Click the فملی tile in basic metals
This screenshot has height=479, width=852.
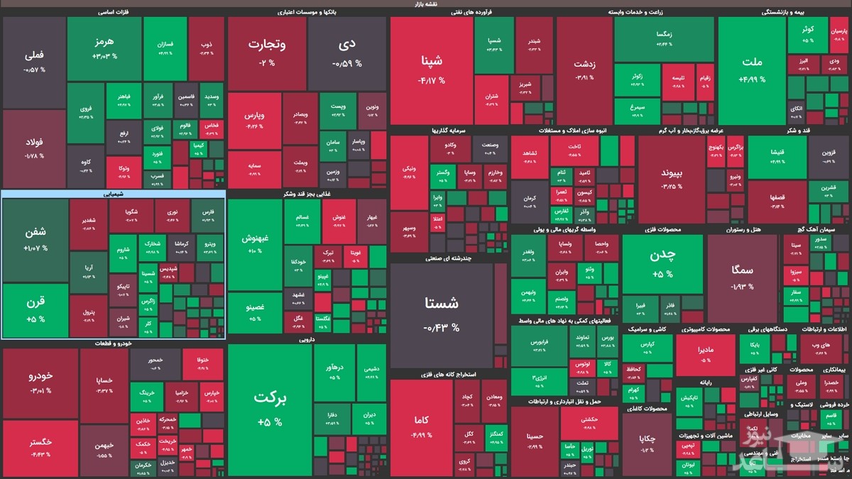[34, 62]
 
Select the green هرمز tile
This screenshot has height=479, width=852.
[104, 48]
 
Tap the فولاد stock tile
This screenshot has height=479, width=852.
[34, 148]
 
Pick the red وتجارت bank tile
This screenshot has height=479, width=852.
[266, 53]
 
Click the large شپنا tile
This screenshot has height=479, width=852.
[431, 69]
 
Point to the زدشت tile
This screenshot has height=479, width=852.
[584, 69]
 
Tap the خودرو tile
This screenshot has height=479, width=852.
[40, 382]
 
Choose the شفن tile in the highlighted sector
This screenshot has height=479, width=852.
[35, 240]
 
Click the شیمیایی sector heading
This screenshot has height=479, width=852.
[114, 193]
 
